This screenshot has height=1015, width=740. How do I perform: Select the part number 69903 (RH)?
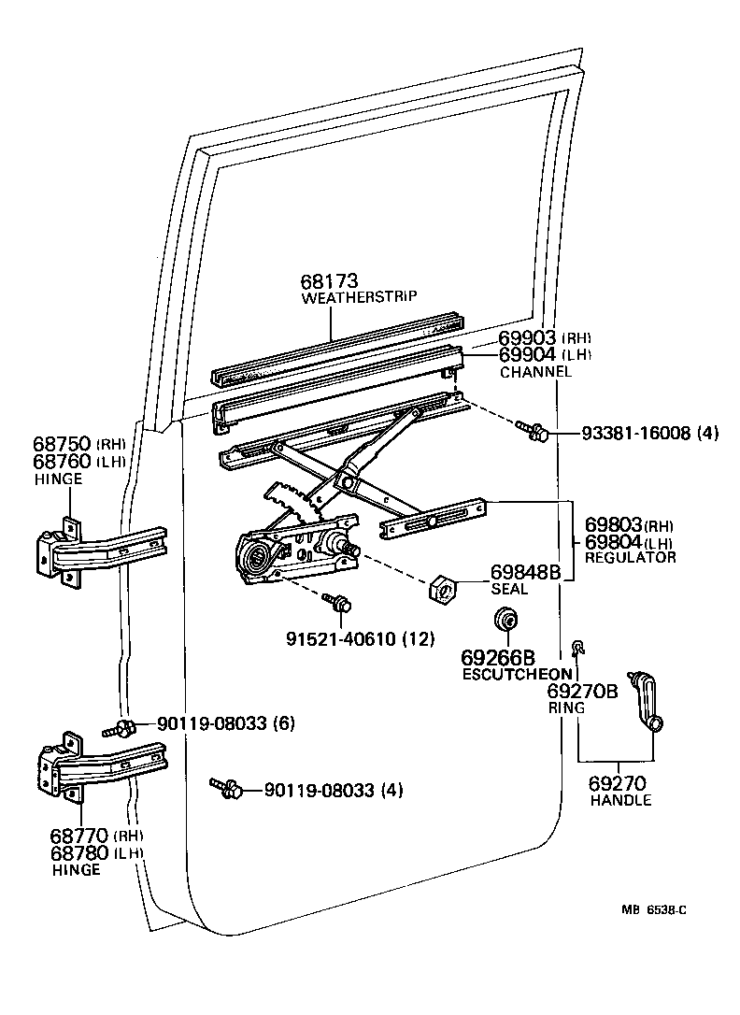point(545,338)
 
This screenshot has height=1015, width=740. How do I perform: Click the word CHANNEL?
point(535,371)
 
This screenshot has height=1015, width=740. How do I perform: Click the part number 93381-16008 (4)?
point(649,434)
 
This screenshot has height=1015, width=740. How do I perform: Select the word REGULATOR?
point(630,557)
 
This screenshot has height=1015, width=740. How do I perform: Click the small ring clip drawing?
point(577,645)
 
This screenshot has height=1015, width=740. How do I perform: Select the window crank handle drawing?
point(646,701)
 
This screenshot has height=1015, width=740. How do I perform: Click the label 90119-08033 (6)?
point(220,722)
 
